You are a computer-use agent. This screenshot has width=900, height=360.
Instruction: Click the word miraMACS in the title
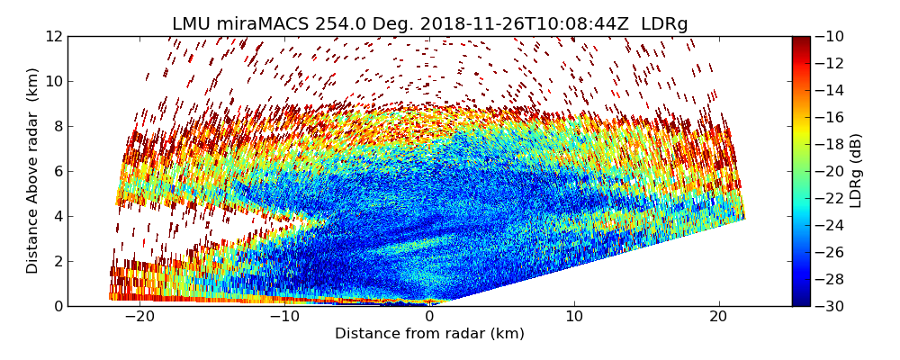click(x=260, y=24)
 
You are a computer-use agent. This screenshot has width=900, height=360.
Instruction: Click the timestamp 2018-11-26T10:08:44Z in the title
click(x=521, y=24)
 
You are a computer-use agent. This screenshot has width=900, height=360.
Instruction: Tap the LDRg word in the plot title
click(x=664, y=24)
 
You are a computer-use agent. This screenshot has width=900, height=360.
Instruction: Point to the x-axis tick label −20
click(x=139, y=317)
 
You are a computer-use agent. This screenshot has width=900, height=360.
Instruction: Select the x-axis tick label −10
click(x=283, y=317)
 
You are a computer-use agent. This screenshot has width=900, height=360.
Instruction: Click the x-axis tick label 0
click(x=429, y=317)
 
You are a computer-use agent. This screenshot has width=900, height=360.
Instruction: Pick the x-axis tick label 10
click(x=574, y=317)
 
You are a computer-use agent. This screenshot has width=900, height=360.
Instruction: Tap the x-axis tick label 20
click(x=719, y=317)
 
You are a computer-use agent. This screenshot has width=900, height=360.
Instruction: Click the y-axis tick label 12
click(x=54, y=36)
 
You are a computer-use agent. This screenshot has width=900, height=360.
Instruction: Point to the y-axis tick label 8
click(x=58, y=126)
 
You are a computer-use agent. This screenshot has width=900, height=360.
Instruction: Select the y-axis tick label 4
click(x=58, y=216)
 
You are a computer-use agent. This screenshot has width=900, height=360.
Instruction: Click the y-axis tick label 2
click(x=58, y=261)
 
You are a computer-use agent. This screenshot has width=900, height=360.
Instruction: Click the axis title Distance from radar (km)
click(x=429, y=334)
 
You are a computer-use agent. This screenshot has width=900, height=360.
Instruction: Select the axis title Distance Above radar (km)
click(x=33, y=171)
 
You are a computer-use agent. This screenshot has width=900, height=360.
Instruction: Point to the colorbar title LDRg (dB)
click(x=856, y=171)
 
